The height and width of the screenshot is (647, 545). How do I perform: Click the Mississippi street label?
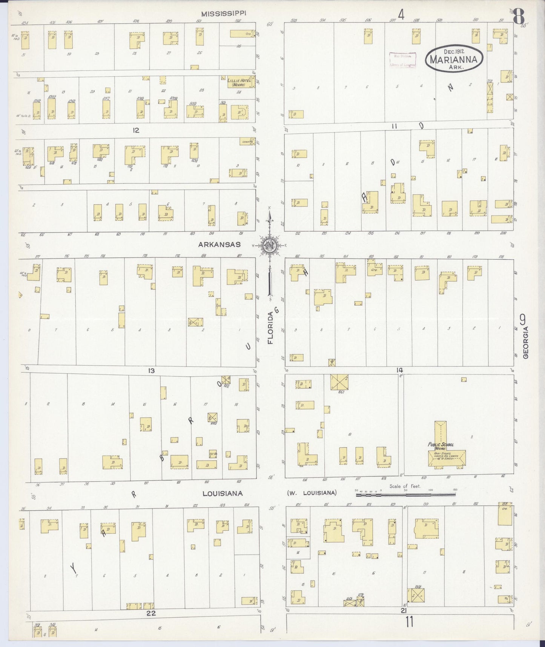pyautogui.click(x=223, y=14)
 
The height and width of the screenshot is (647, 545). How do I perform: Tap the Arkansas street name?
pyautogui.click(x=219, y=245)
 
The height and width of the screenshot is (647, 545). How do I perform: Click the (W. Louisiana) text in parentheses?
pyautogui.click(x=312, y=493)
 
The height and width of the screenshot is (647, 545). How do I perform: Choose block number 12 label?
pyautogui.click(x=136, y=130)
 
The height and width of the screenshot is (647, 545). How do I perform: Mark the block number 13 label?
pyautogui.click(x=151, y=371)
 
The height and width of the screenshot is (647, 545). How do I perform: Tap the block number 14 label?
pyautogui.click(x=400, y=370)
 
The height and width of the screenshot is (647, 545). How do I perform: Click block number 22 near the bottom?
pyautogui.click(x=151, y=613)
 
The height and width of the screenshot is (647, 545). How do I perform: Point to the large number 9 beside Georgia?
pyautogui.click(x=523, y=320)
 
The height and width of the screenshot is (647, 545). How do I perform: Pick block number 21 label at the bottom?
pyautogui.click(x=404, y=610)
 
